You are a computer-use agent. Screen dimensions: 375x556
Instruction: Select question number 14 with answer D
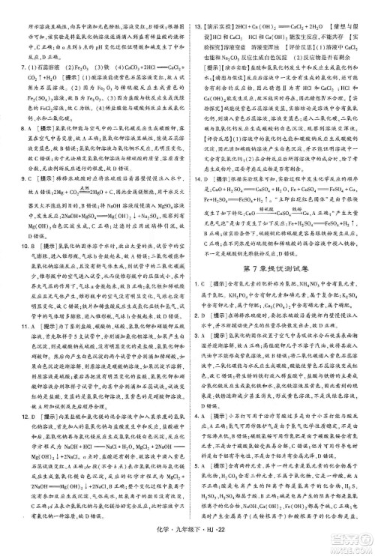(x=197, y=222)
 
